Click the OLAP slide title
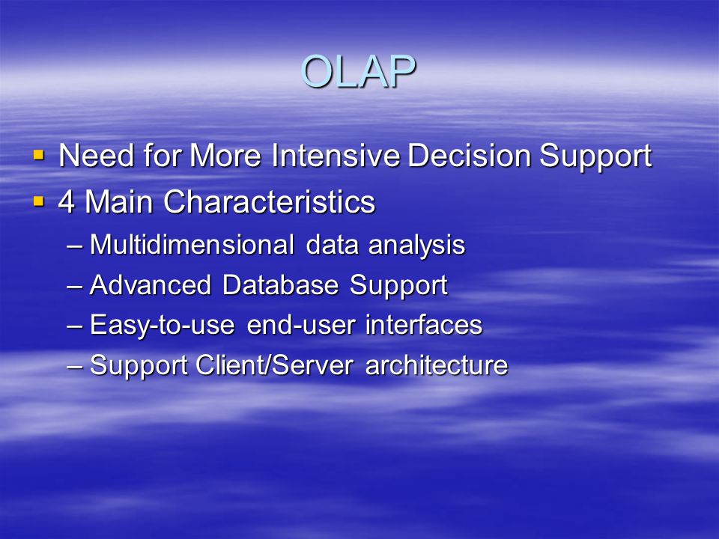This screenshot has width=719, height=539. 358,71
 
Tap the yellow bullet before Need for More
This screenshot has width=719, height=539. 39,156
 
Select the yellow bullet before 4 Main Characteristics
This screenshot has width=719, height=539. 39,201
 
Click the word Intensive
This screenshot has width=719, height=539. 336,156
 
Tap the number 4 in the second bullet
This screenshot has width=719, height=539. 67,201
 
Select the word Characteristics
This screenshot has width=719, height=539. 269,201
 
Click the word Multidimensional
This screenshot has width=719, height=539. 192,244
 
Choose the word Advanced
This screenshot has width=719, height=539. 151,284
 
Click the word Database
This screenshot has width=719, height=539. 281,284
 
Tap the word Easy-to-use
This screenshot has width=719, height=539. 163,326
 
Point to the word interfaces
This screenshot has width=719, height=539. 424,324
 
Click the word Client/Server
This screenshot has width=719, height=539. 274,365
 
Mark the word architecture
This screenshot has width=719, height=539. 437,365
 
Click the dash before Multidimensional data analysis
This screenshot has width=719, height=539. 74,246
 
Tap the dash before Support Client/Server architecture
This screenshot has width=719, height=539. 74,367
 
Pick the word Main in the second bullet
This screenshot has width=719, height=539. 119,201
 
